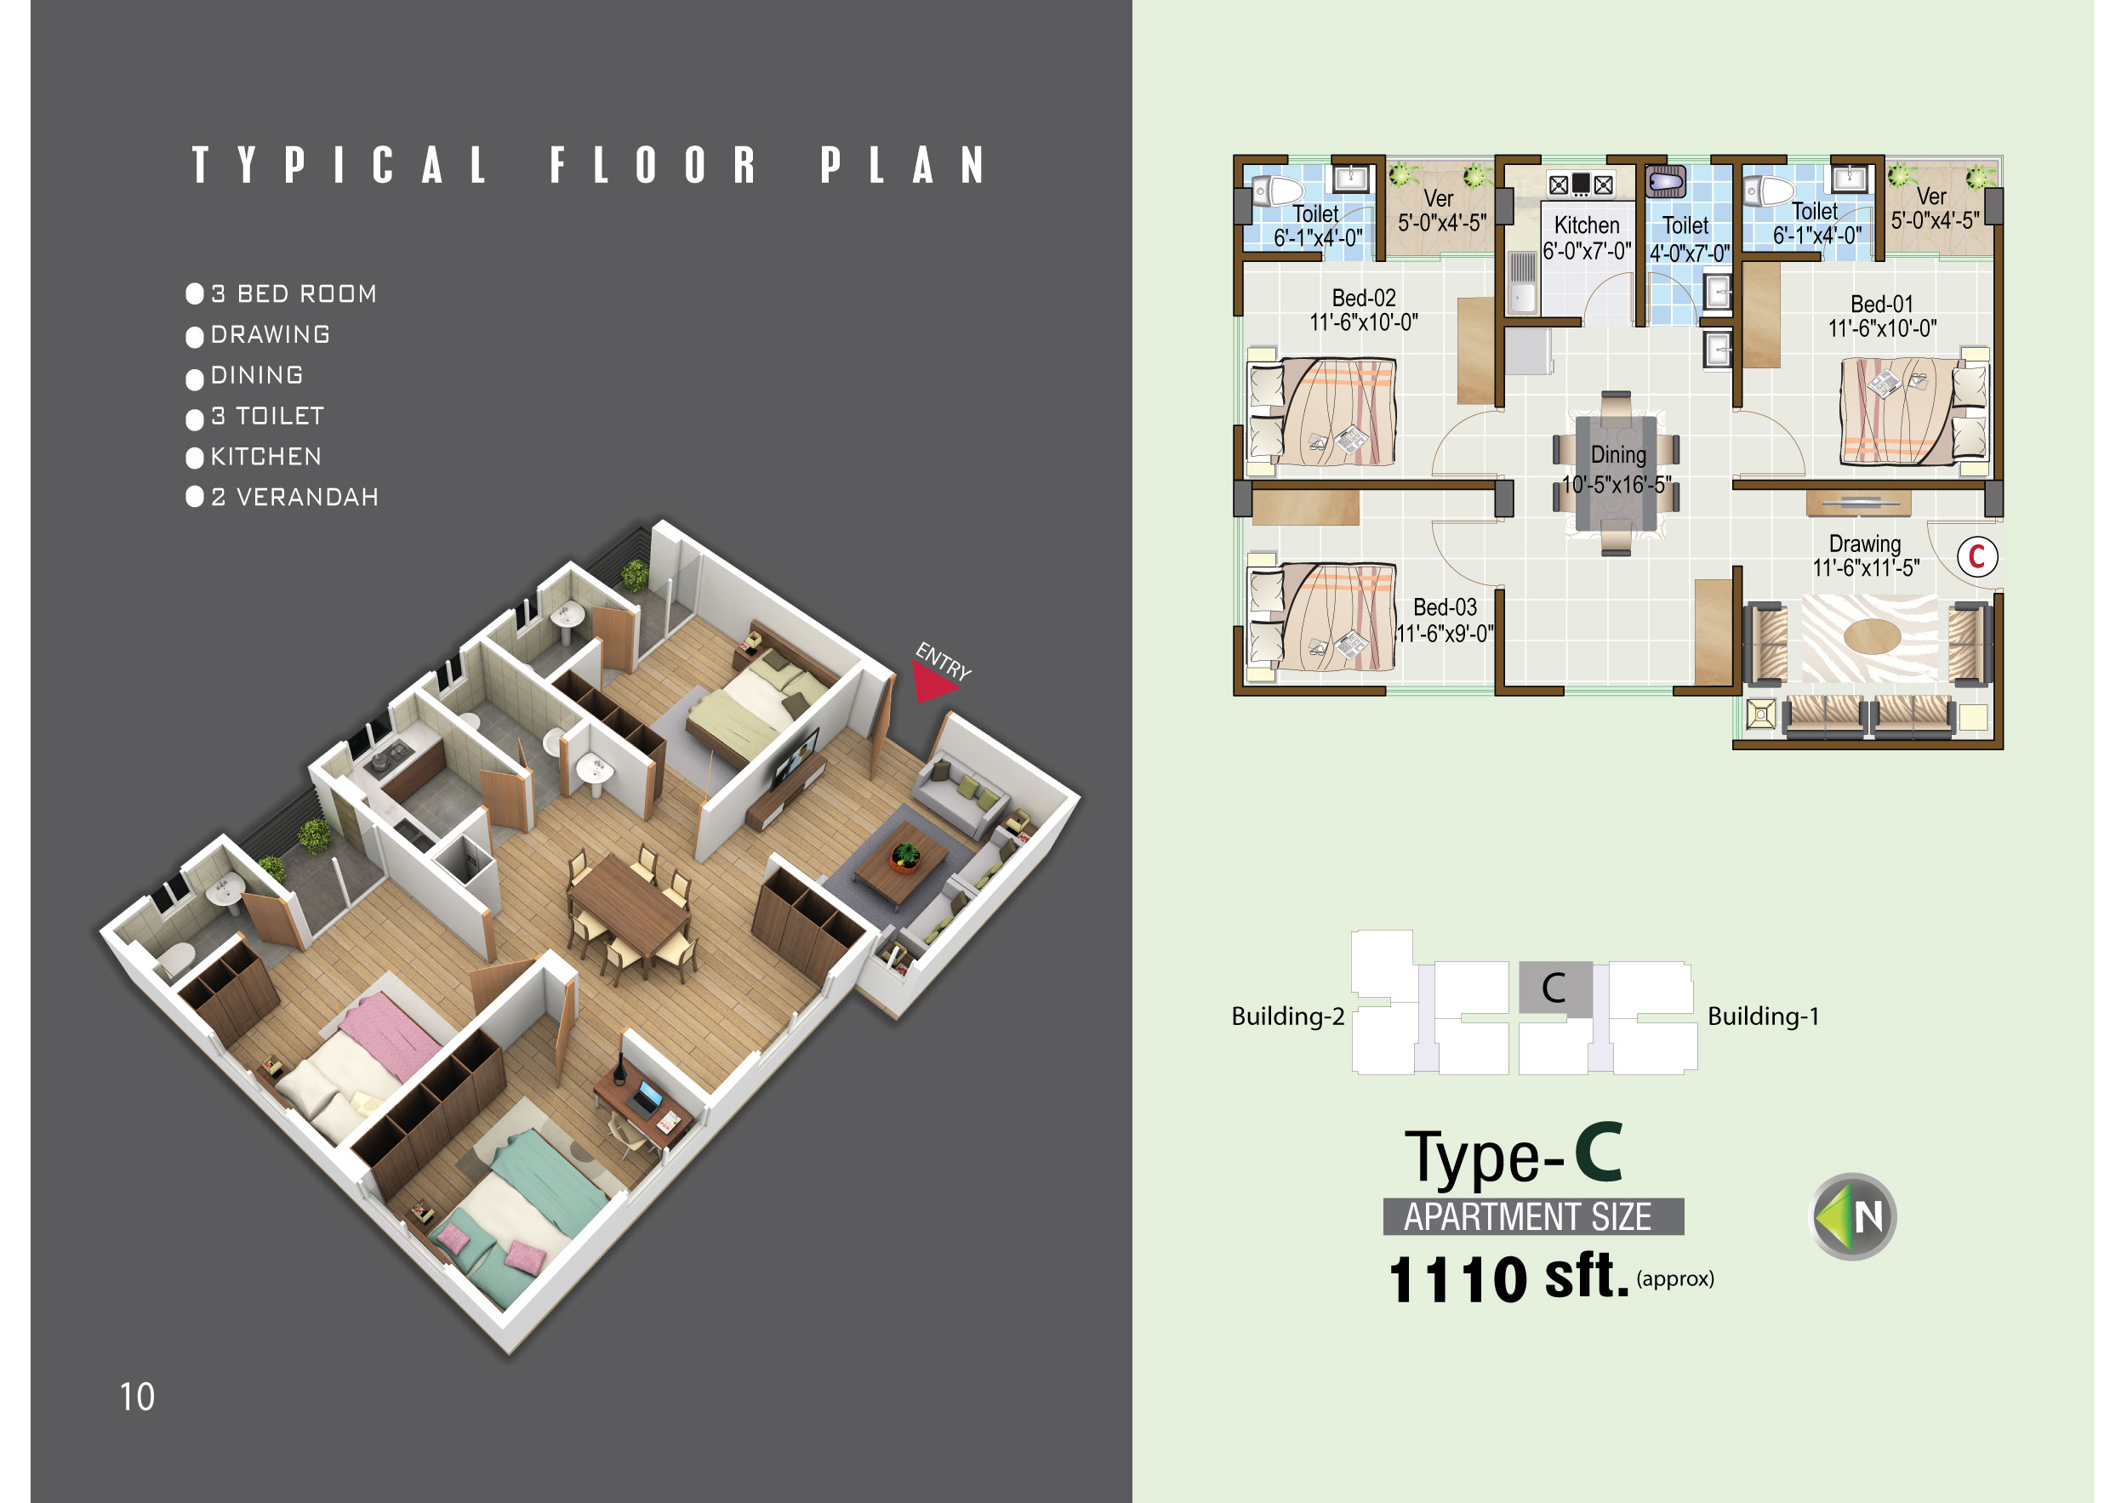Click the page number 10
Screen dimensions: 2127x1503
coord(137,1397)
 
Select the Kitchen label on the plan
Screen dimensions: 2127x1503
coord(1587,225)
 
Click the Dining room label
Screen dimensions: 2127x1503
coord(1618,455)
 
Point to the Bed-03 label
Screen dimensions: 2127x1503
coord(1446,606)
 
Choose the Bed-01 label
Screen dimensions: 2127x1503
coord(1881,304)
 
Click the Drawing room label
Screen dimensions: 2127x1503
coord(1865,544)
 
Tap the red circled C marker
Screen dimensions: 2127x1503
coord(1977,556)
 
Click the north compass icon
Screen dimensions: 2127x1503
coord(1853,1217)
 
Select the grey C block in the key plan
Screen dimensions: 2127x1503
coord(1556,988)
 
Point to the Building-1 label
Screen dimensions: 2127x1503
coord(1763,1016)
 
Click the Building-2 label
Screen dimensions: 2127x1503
coord(1288,1016)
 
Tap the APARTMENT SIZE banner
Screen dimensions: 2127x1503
coord(1533,1215)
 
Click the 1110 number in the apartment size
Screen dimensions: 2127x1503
coord(1458,1279)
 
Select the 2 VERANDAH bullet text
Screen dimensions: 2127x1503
coord(294,498)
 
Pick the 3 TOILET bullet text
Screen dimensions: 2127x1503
coord(268,416)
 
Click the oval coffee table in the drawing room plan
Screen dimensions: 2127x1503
coord(1873,636)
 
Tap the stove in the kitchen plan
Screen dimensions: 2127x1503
coord(1581,185)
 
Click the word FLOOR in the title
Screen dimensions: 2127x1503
coord(653,165)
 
